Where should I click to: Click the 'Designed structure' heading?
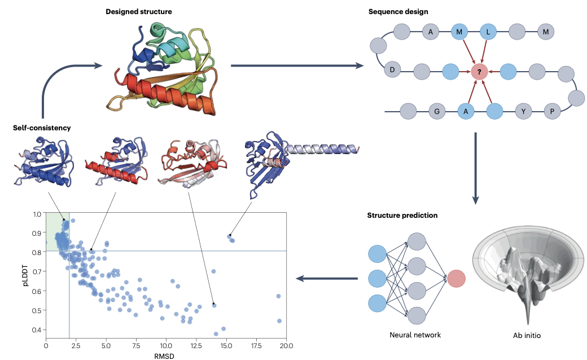pyautogui.click(x=139, y=11)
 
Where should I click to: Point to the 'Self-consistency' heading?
pyautogui.click(x=42, y=128)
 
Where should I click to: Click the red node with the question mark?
pyautogui.click(x=479, y=72)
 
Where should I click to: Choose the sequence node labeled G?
pyautogui.click(x=436, y=112)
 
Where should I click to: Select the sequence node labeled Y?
pyautogui.click(x=523, y=112)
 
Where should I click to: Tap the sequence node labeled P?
pyautogui.click(x=552, y=112)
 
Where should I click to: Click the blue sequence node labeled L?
pyautogui.click(x=488, y=33)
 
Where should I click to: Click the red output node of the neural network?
pyautogui.click(x=456, y=279)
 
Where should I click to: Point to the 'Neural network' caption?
pyautogui.click(x=415, y=335)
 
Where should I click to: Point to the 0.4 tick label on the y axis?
pyautogui.click(x=36, y=330)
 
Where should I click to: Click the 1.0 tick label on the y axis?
pyautogui.click(x=36, y=214)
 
